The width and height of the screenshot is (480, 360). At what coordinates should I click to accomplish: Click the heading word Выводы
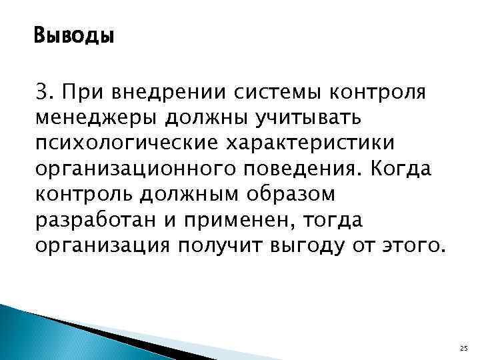pos(74,34)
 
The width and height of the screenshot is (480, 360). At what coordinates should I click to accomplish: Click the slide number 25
pos(465,348)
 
